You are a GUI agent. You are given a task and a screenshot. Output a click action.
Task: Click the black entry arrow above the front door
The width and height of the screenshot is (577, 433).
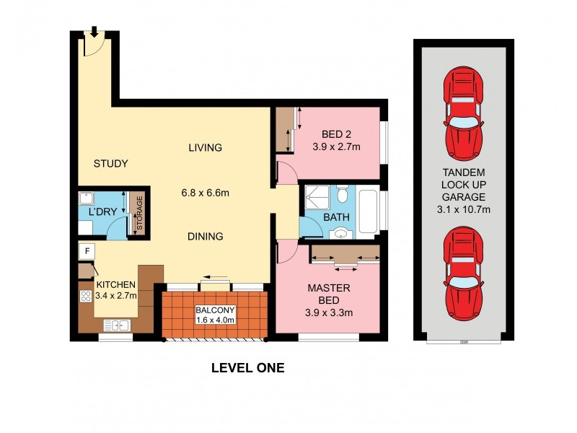[94, 31]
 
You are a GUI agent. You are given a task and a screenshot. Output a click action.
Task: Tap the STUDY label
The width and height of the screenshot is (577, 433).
[110, 164]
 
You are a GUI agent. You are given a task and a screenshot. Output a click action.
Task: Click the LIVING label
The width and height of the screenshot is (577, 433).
[206, 148]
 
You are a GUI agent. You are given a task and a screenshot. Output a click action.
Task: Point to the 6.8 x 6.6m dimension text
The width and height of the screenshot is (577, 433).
[206, 193]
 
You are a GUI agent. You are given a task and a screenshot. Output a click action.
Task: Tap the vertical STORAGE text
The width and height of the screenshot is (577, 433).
[139, 214]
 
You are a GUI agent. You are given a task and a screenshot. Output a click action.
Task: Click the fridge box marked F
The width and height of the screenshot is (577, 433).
[87, 251]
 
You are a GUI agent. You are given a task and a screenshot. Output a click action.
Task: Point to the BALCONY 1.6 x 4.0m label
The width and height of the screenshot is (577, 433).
[216, 315]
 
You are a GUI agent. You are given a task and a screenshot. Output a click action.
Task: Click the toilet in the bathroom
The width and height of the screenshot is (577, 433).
[343, 195]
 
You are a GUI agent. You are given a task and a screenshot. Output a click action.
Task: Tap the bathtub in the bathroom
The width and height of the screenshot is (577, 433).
[367, 211]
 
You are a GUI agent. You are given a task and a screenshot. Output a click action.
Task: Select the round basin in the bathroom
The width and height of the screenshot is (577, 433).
[339, 233]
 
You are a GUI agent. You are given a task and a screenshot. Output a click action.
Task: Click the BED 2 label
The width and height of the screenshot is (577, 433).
[336, 134]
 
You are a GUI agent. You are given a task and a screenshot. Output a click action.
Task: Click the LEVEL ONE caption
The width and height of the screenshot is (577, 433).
[247, 367]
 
